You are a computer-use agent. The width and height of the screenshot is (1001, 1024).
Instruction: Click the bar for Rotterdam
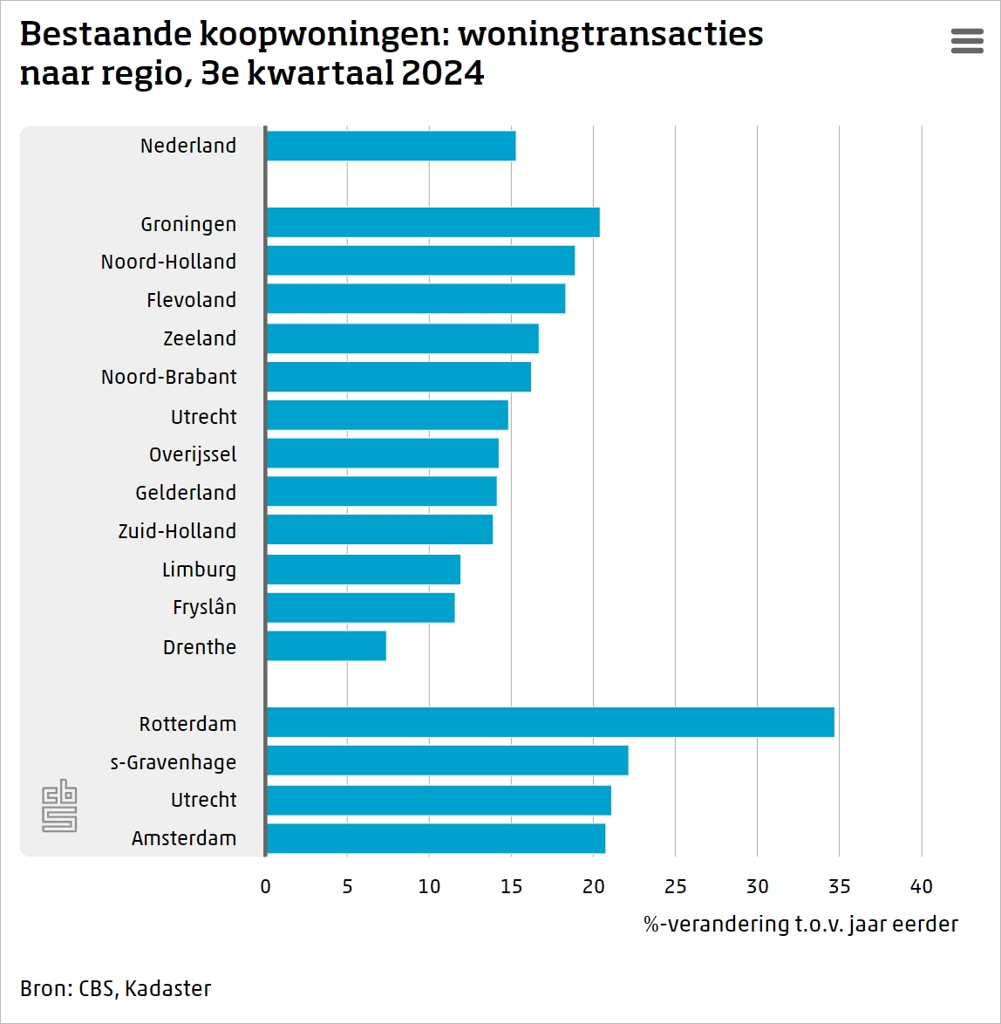(x=549, y=723)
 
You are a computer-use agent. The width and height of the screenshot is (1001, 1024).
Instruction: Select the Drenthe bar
(x=326, y=646)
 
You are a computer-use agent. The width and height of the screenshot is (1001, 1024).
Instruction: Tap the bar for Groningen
(x=432, y=222)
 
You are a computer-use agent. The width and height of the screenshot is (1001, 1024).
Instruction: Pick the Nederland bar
(x=391, y=146)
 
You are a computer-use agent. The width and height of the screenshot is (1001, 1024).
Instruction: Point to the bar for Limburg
(x=363, y=570)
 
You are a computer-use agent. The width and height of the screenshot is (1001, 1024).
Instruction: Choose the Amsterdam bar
(x=435, y=838)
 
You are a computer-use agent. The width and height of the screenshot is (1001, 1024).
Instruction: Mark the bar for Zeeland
(x=402, y=338)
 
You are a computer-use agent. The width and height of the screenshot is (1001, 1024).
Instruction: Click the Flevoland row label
(x=191, y=300)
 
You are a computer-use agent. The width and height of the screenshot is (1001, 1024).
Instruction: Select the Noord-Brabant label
(x=168, y=377)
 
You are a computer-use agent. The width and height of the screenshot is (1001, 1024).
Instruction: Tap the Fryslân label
(x=204, y=607)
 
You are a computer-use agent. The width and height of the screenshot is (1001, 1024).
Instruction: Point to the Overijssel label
(x=193, y=454)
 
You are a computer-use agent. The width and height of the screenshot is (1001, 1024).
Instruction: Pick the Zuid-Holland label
(x=177, y=531)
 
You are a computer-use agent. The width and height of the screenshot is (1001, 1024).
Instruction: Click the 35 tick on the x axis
(x=839, y=887)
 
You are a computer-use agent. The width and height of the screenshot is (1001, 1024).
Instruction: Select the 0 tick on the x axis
(x=266, y=887)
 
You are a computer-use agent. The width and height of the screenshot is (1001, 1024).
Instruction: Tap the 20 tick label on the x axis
(x=593, y=887)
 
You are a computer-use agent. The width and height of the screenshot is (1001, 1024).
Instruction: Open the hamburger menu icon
(x=967, y=41)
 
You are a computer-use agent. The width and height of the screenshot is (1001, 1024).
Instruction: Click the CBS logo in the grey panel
(x=59, y=805)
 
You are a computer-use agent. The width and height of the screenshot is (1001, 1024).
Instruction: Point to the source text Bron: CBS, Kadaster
(x=115, y=988)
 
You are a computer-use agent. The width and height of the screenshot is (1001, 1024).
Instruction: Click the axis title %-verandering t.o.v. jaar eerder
(x=800, y=925)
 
